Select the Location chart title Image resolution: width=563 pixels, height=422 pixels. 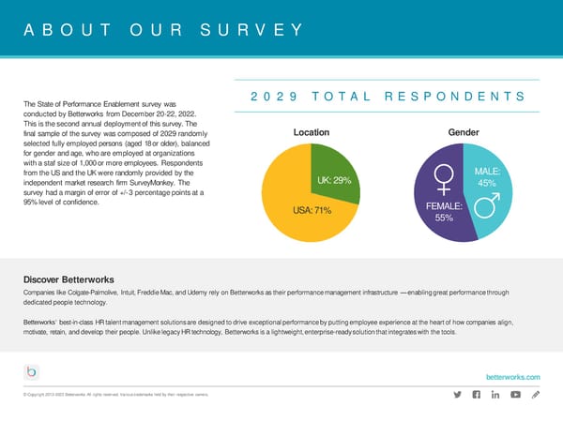pyautogui.click(x=311, y=133)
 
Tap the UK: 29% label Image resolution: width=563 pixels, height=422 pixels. pyautogui.click(x=333, y=180)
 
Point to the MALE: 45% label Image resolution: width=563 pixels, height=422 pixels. pyautogui.click(x=487, y=177)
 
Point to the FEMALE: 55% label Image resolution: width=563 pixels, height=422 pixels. pyautogui.click(x=445, y=212)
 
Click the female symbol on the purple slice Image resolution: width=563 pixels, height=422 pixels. pyautogui.click(x=445, y=177)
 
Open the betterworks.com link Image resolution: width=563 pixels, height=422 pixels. pyautogui.click(x=513, y=376)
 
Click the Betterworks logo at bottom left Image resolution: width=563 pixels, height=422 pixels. pyautogui.click(x=32, y=372)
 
